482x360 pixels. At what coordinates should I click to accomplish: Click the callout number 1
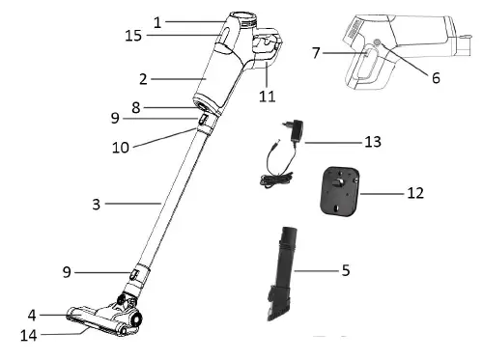coord(158,19)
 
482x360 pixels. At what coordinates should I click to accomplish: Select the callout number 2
coord(142,78)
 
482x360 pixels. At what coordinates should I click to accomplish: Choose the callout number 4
coord(32,315)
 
